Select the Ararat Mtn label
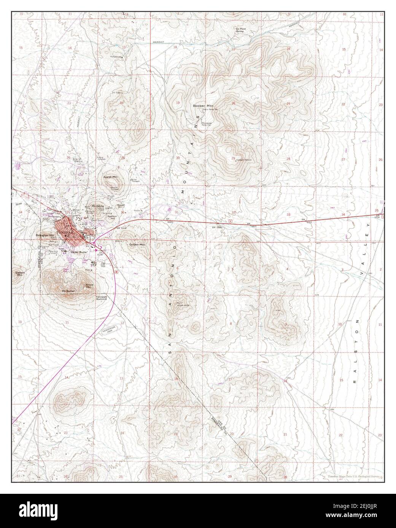[x=110, y=177]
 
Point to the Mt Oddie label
[x=97, y=206]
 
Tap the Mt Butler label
[x=68, y=291]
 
